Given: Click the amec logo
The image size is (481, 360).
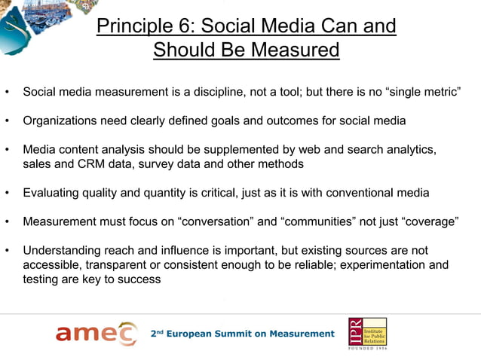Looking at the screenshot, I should pos(96,333).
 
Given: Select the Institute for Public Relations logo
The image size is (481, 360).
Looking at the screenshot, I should pos(367,329).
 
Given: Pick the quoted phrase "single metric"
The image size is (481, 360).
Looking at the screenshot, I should pos(418,93).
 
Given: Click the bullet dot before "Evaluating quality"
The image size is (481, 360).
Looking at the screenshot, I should pos(7,194).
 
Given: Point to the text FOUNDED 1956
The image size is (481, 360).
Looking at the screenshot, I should pos(368,350).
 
